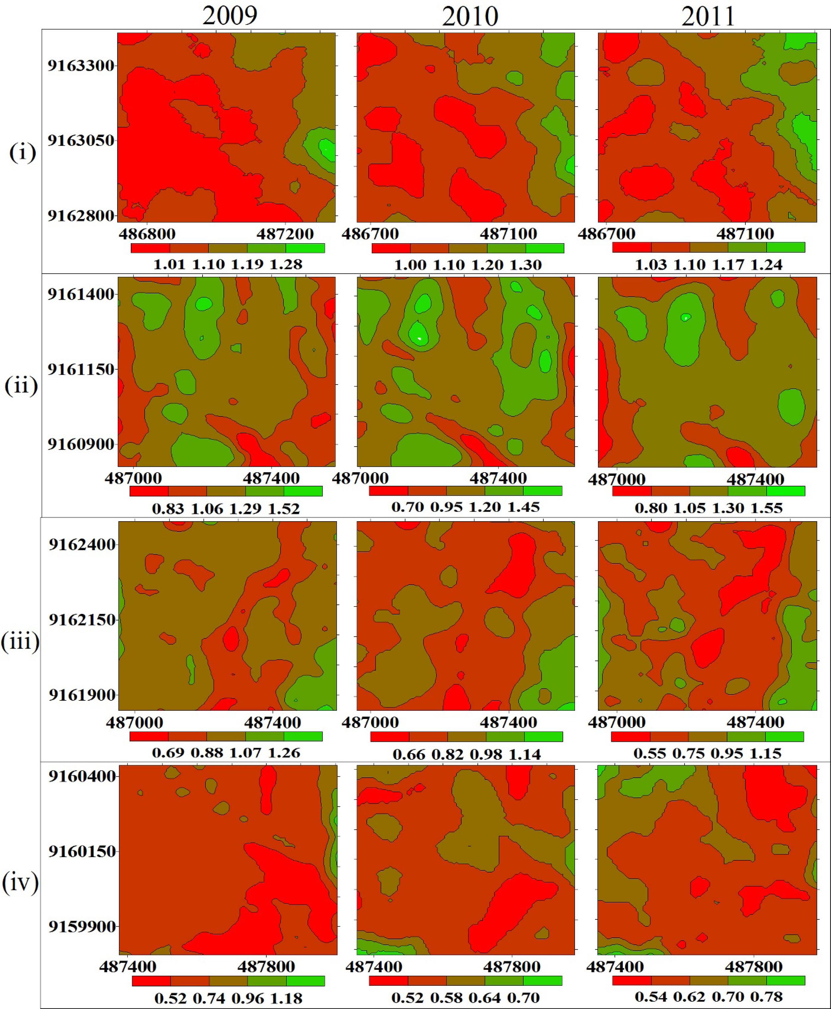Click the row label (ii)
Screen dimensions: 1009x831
tap(21, 386)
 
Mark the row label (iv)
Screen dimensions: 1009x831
tap(20, 883)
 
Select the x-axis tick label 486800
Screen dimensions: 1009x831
tap(147, 234)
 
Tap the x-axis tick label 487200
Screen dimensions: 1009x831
tap(285, 234)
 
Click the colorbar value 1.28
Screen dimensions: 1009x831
tap(286, 264)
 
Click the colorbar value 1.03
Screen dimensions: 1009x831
tap(650, 264)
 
